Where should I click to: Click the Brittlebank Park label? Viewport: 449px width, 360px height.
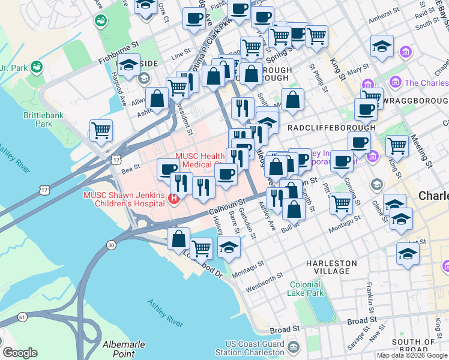[45, 119]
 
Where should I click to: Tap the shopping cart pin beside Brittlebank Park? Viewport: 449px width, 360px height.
[101, 130]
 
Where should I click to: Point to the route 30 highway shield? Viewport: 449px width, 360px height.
[110, 244]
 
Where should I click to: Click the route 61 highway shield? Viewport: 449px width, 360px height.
[22, 317]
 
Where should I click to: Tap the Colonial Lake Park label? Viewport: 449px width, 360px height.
[306, 289]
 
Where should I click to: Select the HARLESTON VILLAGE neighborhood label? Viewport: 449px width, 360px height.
[331, 267]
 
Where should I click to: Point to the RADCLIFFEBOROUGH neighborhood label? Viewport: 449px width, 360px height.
[332, 128]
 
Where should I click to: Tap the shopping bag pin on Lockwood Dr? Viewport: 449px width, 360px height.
[179, 239]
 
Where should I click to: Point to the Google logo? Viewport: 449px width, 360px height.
[20, 353]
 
